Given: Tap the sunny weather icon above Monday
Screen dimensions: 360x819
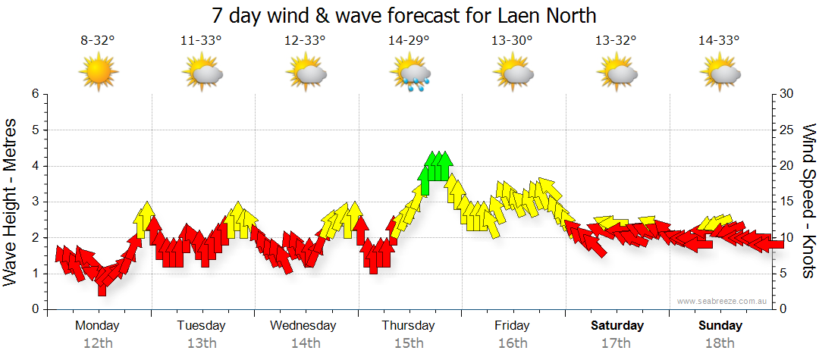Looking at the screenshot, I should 98,73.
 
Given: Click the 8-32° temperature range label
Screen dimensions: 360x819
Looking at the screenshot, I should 98,41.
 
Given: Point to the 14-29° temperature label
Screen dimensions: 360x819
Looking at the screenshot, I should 409,41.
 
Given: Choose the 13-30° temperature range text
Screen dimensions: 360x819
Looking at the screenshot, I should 512,41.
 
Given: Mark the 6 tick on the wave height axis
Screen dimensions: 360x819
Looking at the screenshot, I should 34,94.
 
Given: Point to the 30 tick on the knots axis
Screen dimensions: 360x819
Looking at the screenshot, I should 786,94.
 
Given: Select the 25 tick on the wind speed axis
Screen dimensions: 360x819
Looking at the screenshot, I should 786,130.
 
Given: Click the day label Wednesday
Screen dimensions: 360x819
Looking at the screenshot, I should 303,326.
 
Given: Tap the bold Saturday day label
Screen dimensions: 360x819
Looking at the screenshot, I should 617,326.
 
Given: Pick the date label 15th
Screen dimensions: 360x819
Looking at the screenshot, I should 409,343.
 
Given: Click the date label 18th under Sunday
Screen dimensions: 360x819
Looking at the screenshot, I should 720,343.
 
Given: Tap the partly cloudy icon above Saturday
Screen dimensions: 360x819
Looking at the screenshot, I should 616,74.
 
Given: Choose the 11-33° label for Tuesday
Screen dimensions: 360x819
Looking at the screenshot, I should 201,41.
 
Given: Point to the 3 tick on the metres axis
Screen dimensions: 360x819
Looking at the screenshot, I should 34,202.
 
